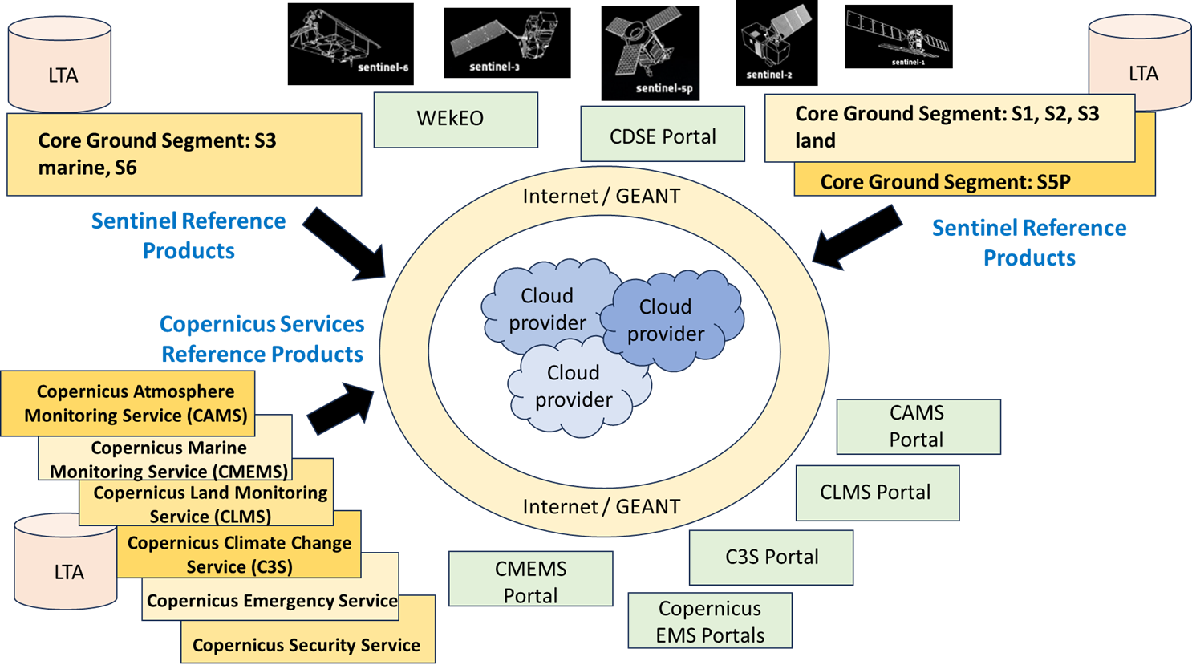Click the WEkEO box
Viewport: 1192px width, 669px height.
456,120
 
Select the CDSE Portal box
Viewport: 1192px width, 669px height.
663,134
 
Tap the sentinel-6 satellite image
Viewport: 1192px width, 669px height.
351,43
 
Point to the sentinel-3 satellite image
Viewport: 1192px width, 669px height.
507,43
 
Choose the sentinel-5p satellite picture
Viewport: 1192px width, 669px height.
651,53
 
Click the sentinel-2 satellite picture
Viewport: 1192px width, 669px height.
776,43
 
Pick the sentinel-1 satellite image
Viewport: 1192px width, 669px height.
898,37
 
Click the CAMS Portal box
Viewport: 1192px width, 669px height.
918,427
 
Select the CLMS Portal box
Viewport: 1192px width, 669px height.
878,493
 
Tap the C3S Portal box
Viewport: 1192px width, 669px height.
771,557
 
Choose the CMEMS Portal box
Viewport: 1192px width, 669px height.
530,578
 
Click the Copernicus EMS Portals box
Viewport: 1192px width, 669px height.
710,621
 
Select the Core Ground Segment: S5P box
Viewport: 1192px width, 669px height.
974,180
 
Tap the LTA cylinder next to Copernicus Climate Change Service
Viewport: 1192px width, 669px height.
65,562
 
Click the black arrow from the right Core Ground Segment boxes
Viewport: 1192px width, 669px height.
857,237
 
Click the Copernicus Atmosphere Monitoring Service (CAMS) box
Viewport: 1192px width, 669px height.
128,403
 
